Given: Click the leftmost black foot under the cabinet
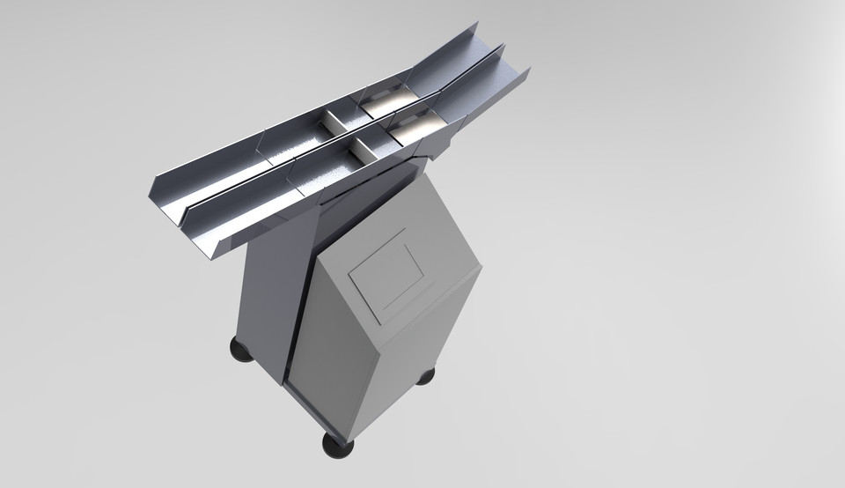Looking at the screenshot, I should (239, 350).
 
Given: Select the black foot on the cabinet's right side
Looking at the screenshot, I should (425, 376).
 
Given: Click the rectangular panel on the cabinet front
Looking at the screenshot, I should (388, 273).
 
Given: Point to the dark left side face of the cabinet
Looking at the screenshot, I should (268, 299).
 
